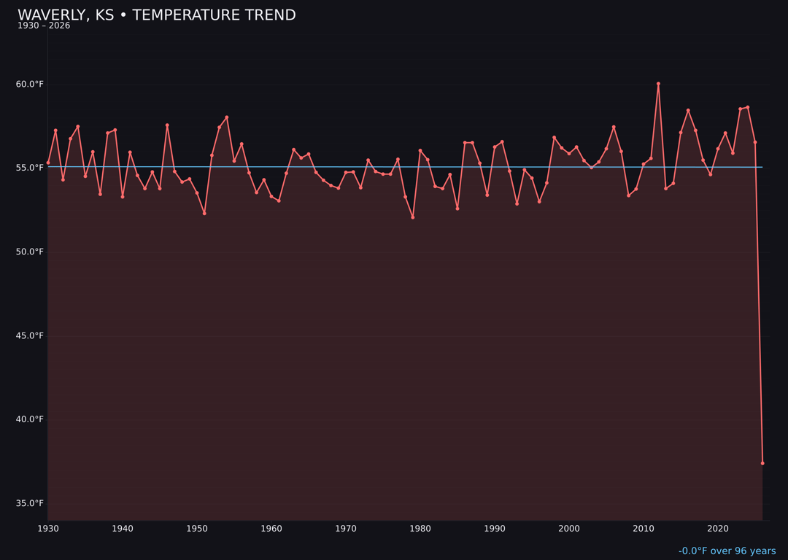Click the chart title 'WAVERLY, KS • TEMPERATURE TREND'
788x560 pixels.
pos(157,15)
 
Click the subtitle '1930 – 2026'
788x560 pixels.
pos(44,26)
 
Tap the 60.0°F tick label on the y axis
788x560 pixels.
pos(30,85)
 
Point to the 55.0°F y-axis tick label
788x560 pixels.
pos(30,168)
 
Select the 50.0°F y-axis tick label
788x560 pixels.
pos(30,252)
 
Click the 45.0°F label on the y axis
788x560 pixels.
pos(30,335)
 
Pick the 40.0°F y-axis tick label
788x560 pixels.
pos(30,419)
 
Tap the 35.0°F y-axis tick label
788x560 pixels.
pos(30,503)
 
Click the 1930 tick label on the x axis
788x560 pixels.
pos(48,529)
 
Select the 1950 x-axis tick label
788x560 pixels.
pos(197,529)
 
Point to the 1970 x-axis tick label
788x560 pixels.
pos(346,529)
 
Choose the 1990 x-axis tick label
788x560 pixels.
pos(495,529)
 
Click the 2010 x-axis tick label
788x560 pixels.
pos(644,529)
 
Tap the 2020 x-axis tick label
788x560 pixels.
pos(718,529)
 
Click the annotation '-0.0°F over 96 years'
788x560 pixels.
pos(727,551)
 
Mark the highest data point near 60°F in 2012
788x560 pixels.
pos(658,84)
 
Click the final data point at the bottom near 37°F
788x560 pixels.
pos(762,463)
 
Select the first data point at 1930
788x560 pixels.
pos(48,163)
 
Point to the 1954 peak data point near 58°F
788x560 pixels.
pos(227,117)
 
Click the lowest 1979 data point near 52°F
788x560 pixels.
pos(413,217)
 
